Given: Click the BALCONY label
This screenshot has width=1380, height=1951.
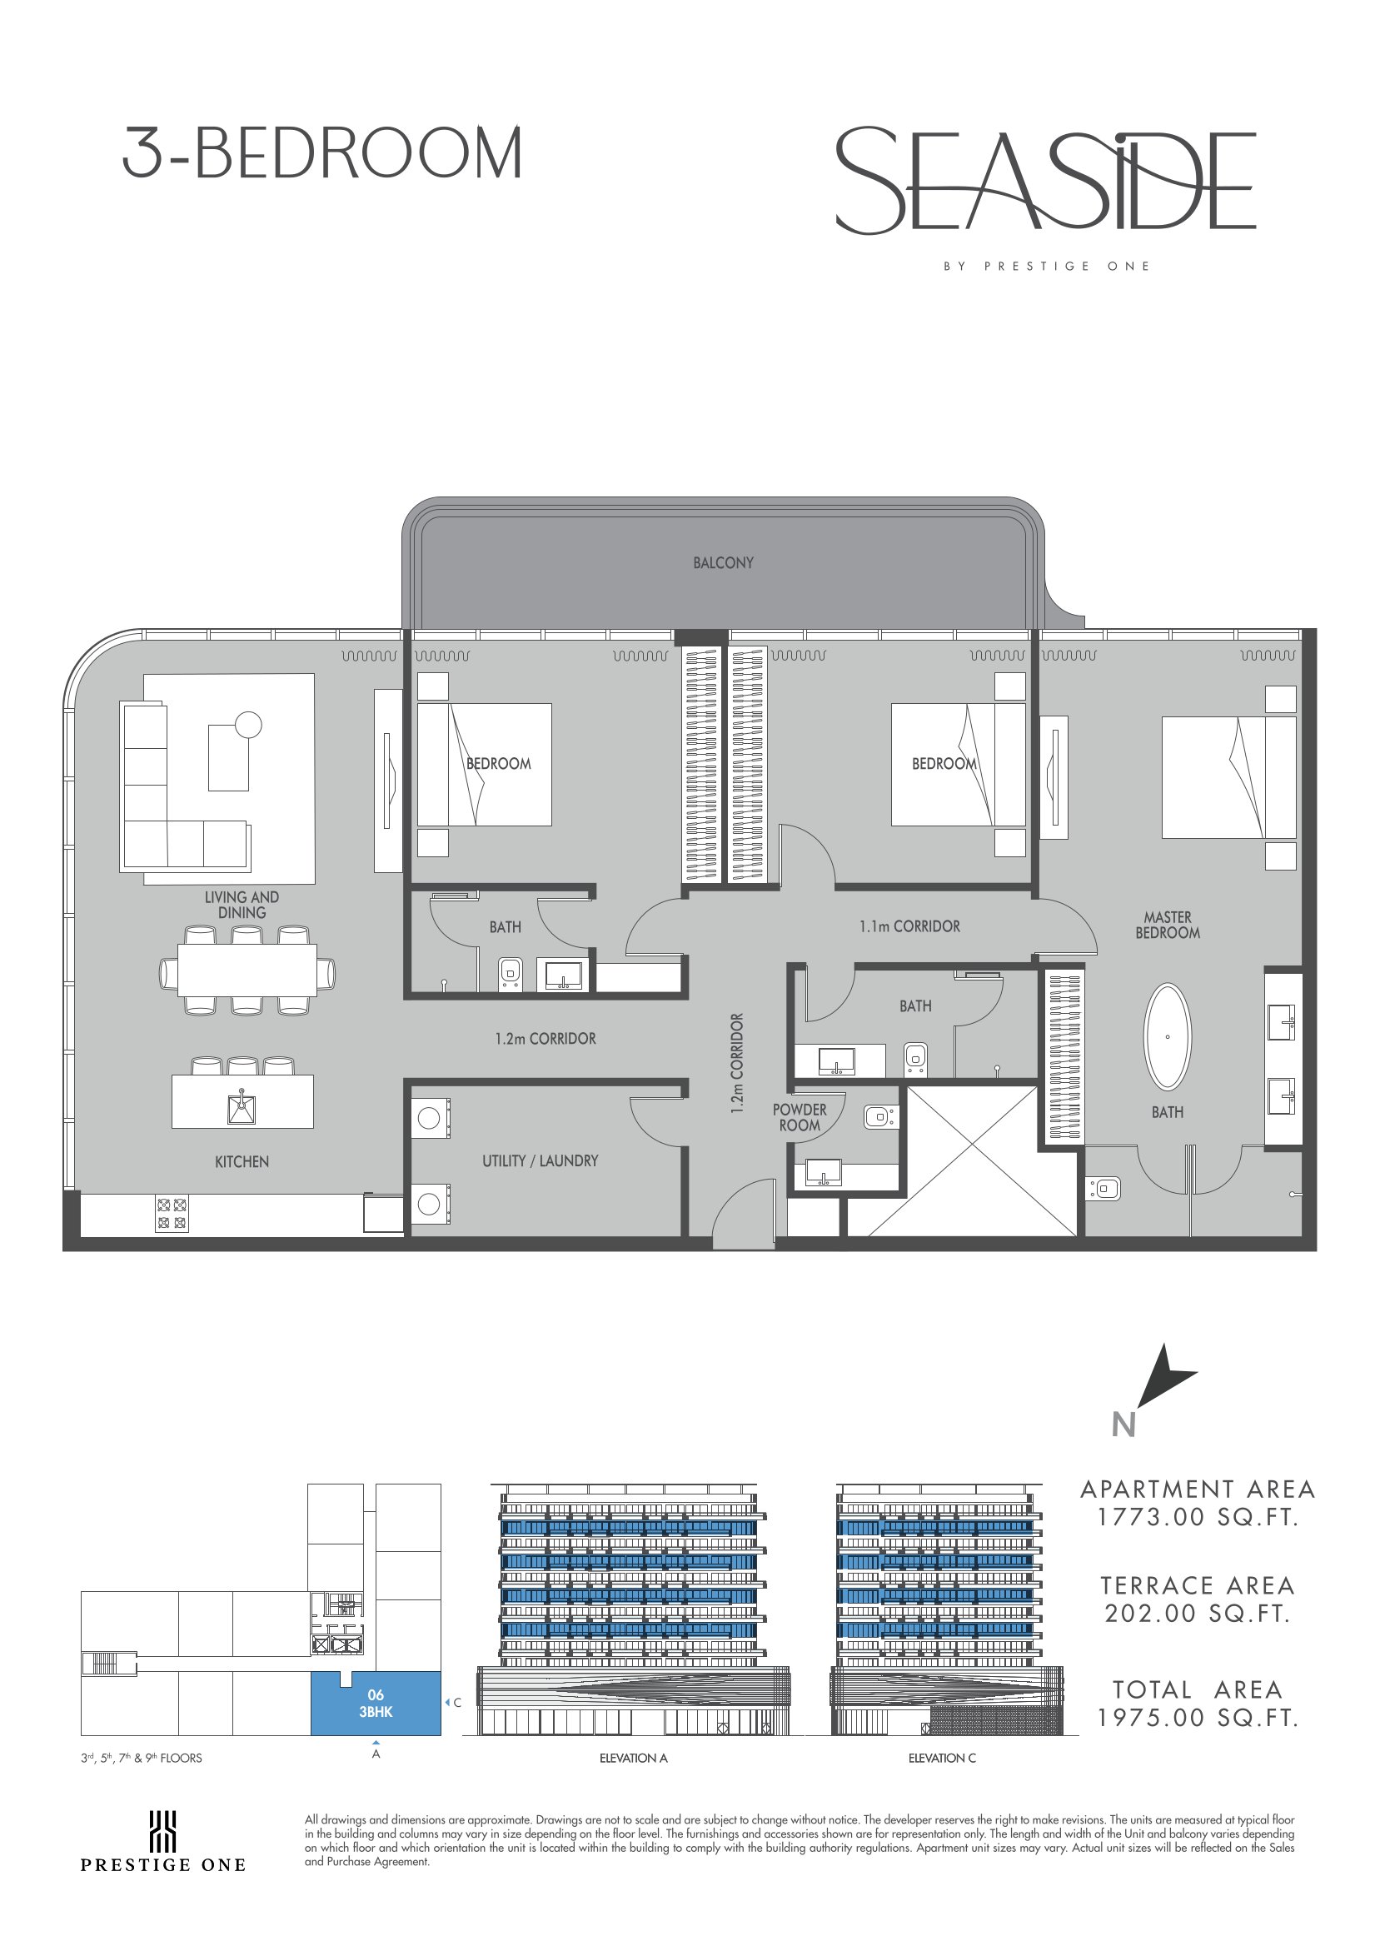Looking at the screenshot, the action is (x=723, y=562).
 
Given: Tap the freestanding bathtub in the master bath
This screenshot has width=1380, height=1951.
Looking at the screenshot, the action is (x=1168, y=1036).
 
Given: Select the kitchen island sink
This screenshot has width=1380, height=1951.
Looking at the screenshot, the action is (x=242, y=1107).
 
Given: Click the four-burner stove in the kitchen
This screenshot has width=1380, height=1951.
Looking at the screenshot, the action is (x=172, y=1215).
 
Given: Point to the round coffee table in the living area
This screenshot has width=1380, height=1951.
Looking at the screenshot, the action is (x=248, y=724).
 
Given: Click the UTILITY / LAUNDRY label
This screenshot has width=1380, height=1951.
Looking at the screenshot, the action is (x=541, y=1160).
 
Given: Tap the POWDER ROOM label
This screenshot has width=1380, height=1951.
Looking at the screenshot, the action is (x=800, y=1117).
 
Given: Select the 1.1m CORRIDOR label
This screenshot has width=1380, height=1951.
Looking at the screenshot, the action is (x=909, y=926).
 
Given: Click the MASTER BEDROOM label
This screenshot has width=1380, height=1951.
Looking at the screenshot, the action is (x=1168, y=925).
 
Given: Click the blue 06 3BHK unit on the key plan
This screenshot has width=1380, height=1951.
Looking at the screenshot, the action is (x=376, y=1703).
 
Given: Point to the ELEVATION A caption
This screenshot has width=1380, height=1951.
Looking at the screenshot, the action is (x=633, y=1758).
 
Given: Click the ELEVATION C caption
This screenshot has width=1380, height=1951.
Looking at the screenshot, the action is (x=943, y=1758).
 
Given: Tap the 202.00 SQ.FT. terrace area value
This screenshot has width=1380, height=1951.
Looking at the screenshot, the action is (x=1198, y=1614).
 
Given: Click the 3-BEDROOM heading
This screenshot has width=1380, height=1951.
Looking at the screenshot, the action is (x=322, y=153).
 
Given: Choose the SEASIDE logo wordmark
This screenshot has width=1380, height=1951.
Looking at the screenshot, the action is (x=1046, y=180).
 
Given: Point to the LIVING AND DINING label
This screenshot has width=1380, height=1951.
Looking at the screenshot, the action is (x=242, y=904).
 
